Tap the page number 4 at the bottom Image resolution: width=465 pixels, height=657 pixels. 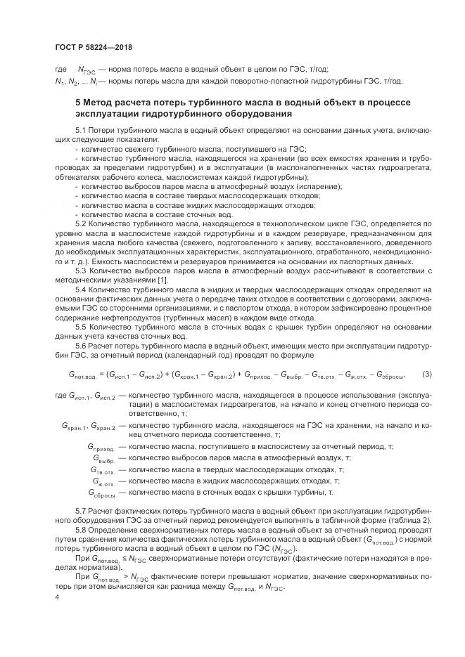pos(56,595)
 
